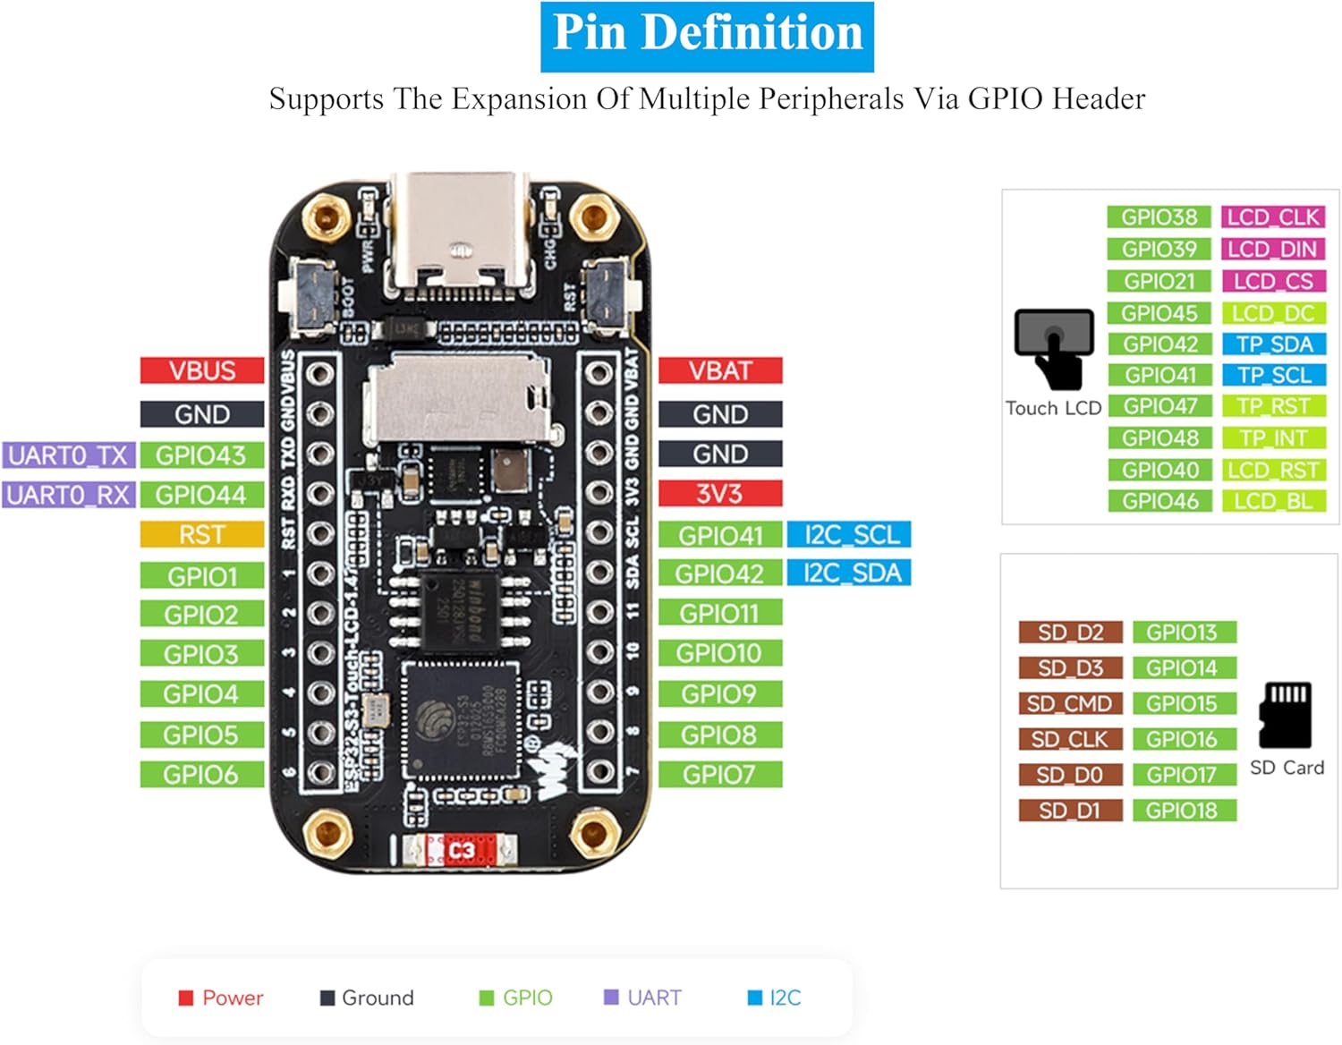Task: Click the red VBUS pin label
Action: pyautogui.click(x=202, y=370)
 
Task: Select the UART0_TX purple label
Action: pyautogui.click(x=68, y=455)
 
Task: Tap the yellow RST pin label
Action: pyautogui.click(x=202, y=535)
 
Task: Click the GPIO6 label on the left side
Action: pyautogui.click(x=202, y=774)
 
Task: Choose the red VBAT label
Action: pyautogui.click(x=720, y=370)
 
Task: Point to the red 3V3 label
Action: pyautogui.click(x=720, y=493)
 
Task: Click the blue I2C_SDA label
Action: pyautogui.click(x=849, y=573)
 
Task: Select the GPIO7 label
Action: pyautogui.click(x=720, y=774)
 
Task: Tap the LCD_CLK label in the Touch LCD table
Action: pyautogui.click(x=1273, y=217)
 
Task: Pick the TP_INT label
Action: pyautogui.click(x=1273, y=438)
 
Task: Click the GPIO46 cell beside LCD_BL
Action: pyautogui.click(x=1159, y=501)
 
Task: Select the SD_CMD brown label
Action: pyautogui.click(x=1070, y=703)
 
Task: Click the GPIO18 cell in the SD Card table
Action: pyautogui.click(x=1183, y=811)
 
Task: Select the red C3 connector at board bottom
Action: pyautogui.click(x=460, y=850)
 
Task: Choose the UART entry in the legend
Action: pyautogui.click(x=643, y=998)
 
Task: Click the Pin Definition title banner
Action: pyautogui.click(x=707, y=36)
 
